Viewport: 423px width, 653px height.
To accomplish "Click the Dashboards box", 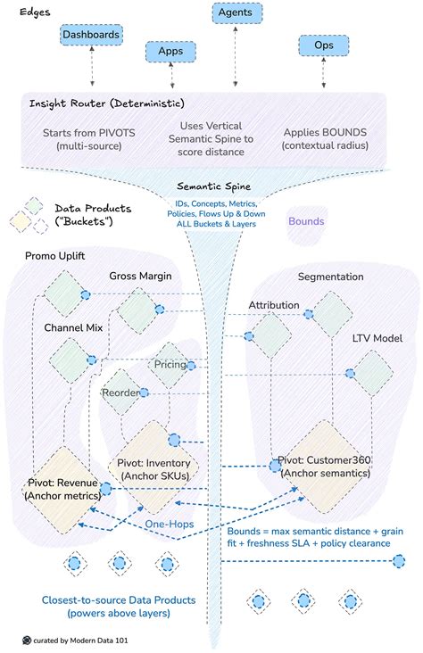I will (90, 34).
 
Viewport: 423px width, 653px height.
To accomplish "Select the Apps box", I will (170, 52).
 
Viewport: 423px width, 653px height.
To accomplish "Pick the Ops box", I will (323, 45).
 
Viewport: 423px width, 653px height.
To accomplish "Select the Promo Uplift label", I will (54, 257).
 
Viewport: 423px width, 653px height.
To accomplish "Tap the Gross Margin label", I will (142, 275).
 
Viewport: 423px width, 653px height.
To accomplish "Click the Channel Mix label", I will (73, 328).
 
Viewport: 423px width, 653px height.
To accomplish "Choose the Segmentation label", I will (330, 277).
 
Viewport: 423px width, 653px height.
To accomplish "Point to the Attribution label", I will (274, 305).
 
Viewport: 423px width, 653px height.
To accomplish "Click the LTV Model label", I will (377, 339).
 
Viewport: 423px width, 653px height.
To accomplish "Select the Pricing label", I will (170, 365).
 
